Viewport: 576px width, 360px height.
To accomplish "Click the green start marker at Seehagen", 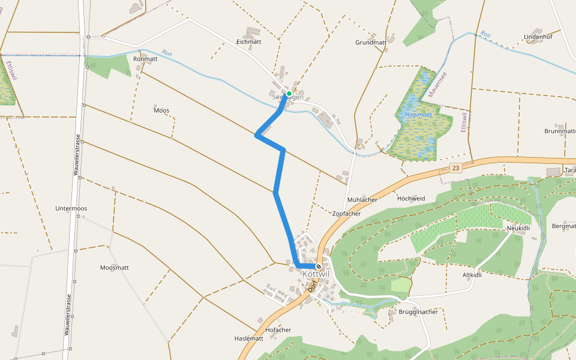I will (289, 94).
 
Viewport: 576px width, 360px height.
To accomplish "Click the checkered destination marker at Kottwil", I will (319, 266).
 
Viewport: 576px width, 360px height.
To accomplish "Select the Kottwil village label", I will (316, 274).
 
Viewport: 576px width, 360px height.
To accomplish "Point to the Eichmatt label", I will (249, 42).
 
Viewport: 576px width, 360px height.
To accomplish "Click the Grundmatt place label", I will (371, 43).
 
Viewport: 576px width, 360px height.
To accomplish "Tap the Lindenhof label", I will (538, 37).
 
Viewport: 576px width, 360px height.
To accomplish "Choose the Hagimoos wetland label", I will (419, 114).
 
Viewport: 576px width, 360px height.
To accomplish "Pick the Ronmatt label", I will (145, 59).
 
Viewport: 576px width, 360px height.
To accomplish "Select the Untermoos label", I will (71, 208).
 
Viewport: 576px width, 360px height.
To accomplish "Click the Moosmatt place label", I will (115, 268).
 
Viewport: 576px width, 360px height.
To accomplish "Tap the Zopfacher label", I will (346, 214).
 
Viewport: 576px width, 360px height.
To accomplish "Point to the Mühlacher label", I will (362, 199).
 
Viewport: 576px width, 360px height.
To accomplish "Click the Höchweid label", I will (411, 198).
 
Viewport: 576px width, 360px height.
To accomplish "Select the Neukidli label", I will (518, 228).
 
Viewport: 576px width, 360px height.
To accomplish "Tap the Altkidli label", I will (472, 275).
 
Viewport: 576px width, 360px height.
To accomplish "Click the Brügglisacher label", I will (418, 311).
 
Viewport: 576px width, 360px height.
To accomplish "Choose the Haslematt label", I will (249, 338).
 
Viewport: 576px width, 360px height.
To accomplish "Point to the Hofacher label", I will (278, 330).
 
